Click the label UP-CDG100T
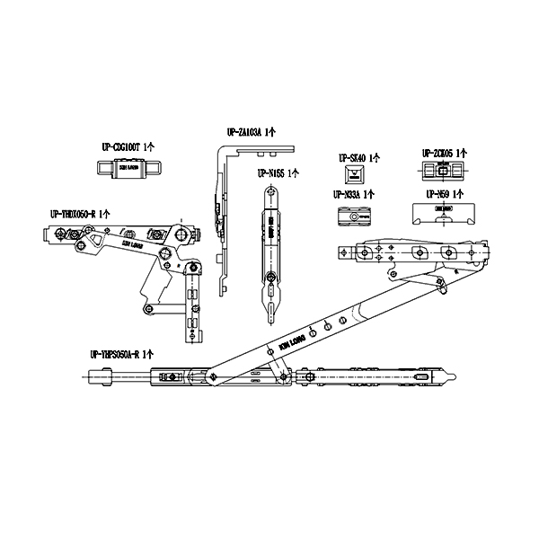click(125, 146)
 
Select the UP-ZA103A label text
click(251, 132)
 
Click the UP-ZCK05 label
click(440, 154)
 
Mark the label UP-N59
click(437, 193)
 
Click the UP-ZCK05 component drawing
click(441, 171)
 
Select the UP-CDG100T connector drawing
click(128, 166)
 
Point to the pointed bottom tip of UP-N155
click(269, 318)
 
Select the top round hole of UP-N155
click(269, 193)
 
